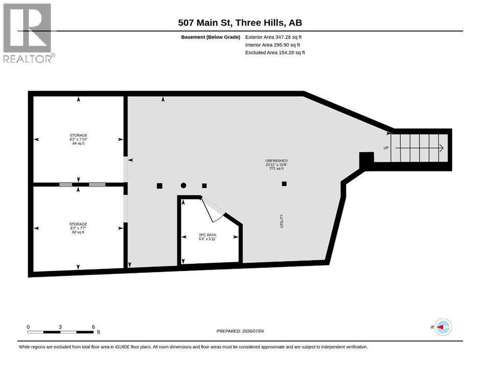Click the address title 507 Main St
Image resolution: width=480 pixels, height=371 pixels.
tap(205, 23)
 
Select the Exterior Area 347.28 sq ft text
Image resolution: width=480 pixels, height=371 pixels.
tap(274, 37)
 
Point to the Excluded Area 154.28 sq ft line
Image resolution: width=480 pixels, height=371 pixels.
tap(275, 53)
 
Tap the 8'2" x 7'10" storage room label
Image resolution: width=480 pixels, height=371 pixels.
tap(78, 139)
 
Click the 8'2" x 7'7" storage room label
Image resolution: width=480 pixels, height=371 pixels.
tap(78, 228)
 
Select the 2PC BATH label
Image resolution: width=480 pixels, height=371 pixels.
tap(207, 235)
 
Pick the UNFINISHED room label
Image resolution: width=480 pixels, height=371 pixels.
tap(276, 160)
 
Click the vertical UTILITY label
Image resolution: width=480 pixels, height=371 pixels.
tap(282, 221)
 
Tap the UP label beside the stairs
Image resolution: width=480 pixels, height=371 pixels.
tap(386, 148)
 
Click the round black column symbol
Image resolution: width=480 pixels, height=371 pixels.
tap(183, 185)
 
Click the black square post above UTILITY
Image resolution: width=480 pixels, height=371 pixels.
tap(284, 184)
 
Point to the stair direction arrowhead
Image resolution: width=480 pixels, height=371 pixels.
tap(441, 148)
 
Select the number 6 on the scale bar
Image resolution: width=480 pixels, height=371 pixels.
tap(93, 327)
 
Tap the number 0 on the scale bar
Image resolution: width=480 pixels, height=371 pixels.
tap(28, 327)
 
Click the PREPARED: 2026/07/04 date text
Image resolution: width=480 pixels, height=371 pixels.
tap(240, 331)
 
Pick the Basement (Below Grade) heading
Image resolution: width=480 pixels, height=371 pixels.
tap(211, 37)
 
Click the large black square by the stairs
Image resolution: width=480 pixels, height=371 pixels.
tap(366, 158)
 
